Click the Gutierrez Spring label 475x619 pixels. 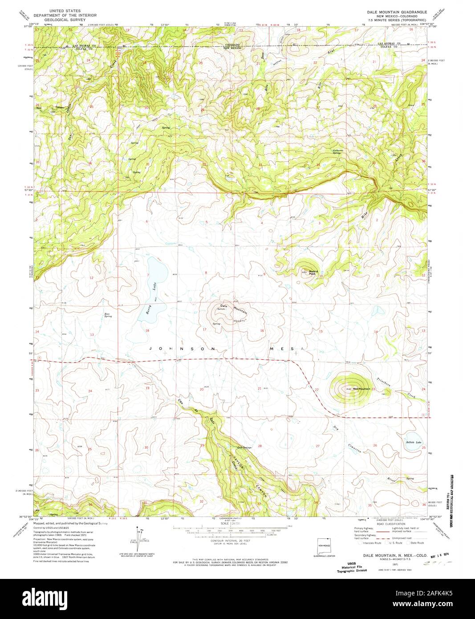340,151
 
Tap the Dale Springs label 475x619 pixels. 244,448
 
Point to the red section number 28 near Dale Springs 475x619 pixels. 260,445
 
